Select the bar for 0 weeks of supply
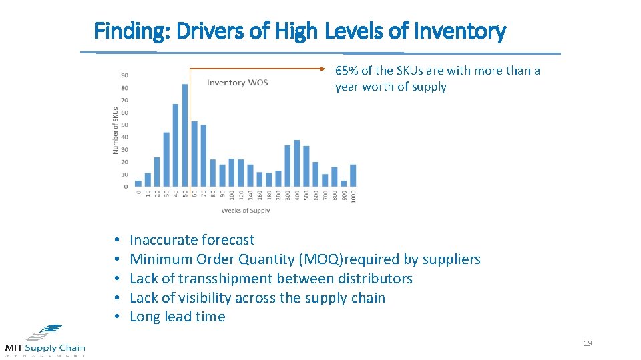[x=138, y=183]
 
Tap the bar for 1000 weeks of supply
[x=353, y=175]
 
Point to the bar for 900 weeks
[x=344, y=183]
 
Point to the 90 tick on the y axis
[x=125, y=75]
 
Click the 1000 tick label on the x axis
[x=353, y=197]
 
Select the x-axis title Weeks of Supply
[x=246, y=211]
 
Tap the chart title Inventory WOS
[x=238, y=83]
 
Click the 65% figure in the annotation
[x=346, y=71]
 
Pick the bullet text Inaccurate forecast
[x=192, y=240]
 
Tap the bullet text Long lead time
[x=177, y=317]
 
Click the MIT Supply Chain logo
[x=45, y=340]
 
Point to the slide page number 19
[x=588, y=343]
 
